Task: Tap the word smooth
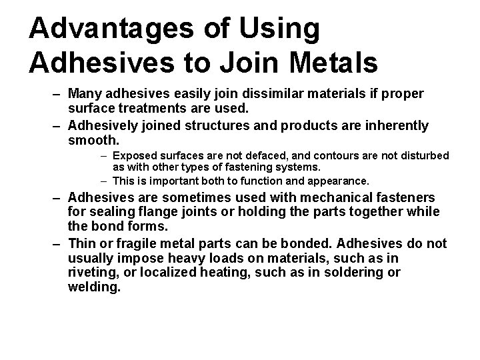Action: [x=93, y=140]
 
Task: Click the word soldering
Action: [x=352, y=272]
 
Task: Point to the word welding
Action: [x=94, y=288]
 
